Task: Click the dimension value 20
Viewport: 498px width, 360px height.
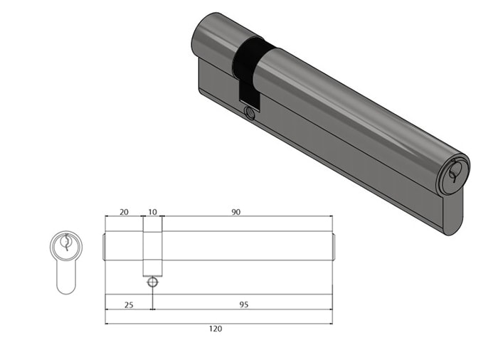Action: click(124, 212)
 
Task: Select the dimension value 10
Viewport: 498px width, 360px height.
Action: click(152, 212)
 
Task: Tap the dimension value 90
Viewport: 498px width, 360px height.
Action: click(235, 212)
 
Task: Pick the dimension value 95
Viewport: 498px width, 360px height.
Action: click(243, 304)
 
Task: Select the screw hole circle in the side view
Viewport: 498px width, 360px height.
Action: click(152, 282)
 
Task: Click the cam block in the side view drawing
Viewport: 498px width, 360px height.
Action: click(152, 249)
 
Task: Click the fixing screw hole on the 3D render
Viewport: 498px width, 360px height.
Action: click(249, 113)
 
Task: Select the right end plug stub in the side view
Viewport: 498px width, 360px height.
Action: click(334, 245)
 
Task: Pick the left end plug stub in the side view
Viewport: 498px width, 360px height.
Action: click(105, 245)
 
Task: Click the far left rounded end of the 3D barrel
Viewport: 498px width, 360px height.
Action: click(201, 36)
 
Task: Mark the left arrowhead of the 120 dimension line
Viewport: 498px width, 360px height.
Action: click(107, 323)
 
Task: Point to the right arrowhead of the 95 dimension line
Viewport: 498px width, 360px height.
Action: click(330, 309)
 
